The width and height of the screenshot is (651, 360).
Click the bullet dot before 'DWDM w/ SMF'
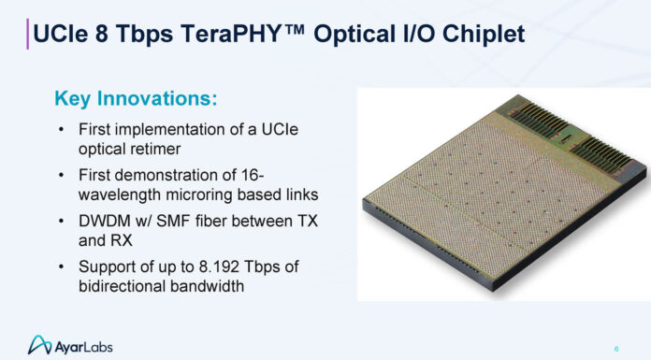(x=62, y=220)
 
